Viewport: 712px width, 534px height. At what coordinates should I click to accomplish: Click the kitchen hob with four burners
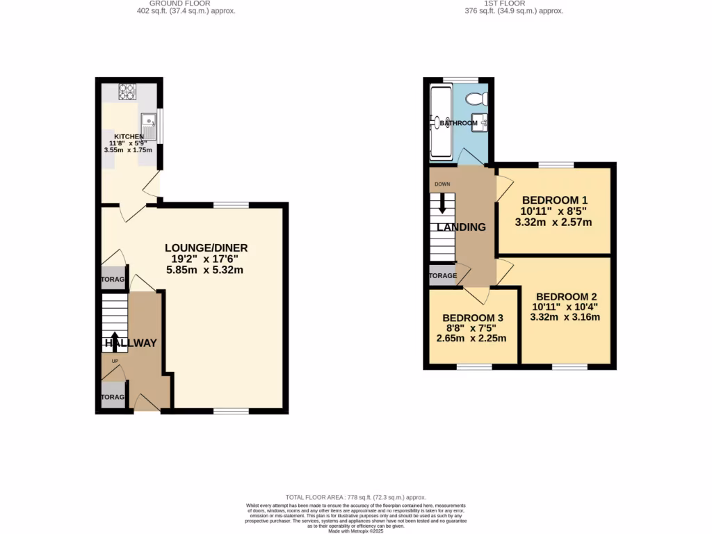click(127, 90)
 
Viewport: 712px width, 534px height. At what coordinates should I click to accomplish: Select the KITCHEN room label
click(129, 136)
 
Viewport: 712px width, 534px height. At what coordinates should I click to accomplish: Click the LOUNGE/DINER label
click(206, 248)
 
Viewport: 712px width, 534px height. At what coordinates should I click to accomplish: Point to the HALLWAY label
click(131, 343)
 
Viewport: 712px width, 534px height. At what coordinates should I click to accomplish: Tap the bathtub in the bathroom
click(440, 122)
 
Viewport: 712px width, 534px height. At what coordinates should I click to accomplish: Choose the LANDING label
click(461, 227)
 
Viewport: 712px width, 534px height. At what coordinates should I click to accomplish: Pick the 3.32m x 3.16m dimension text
click(565, 317)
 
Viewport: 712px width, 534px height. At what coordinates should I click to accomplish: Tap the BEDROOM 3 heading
click(473, 318)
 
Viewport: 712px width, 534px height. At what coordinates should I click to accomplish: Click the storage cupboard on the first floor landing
click(443, 275)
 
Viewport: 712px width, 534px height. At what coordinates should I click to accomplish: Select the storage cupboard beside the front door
click(112, 397)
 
